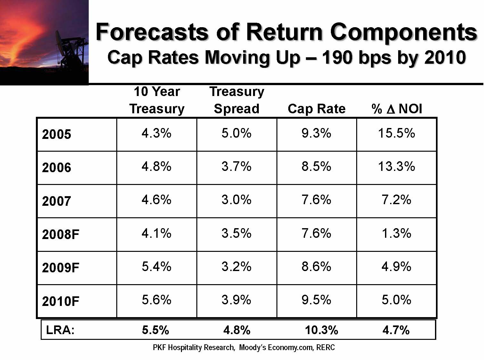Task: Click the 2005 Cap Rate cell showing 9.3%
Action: click(x=316, y=133)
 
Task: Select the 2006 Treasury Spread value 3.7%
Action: click(x=236, y=166)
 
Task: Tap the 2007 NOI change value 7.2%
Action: click(x=396, y=200)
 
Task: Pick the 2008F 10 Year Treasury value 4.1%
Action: click(x=156, y=233)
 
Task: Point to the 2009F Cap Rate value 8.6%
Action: click(x=316, y=267)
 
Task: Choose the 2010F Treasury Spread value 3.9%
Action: click(x=236, y=300)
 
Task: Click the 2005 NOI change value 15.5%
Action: click(x=396, y=133)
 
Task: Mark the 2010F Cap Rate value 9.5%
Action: click(x=316, y=300)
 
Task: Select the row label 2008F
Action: click(x=61, y=235)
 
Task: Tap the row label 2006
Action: click(x=56, y=168)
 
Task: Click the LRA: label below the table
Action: click(x=60, y=330)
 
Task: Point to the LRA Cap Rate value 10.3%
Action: click(x=321, y=330)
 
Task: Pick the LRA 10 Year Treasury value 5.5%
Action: click(x=155, y=330)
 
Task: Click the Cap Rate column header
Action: click(x=316, y=109)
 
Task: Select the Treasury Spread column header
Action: click(x=237, y=100)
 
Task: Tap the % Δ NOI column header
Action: click(x=397, y=109)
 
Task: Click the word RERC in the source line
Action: click(x=325, y=348)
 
